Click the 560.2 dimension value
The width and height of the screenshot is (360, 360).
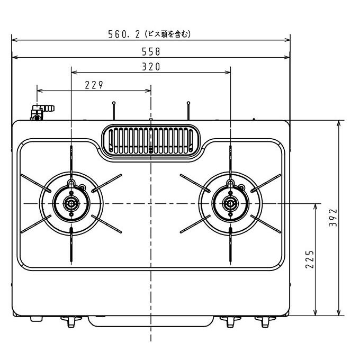[x=124, y=34]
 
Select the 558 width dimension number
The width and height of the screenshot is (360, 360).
[x=151, y=52]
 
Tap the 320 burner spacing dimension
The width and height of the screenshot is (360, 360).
[x=151, y=67]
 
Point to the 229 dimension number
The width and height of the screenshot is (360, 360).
[x=94, y=85]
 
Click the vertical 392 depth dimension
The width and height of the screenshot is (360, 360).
[x=333, y=218]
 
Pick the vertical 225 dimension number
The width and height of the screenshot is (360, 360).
[x=310, y=259]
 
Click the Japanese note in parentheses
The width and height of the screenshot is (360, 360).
[x=168, y=34]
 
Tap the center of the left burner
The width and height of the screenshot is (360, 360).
[x=71, y=204]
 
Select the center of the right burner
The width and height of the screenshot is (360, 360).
[x=230, y=204]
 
